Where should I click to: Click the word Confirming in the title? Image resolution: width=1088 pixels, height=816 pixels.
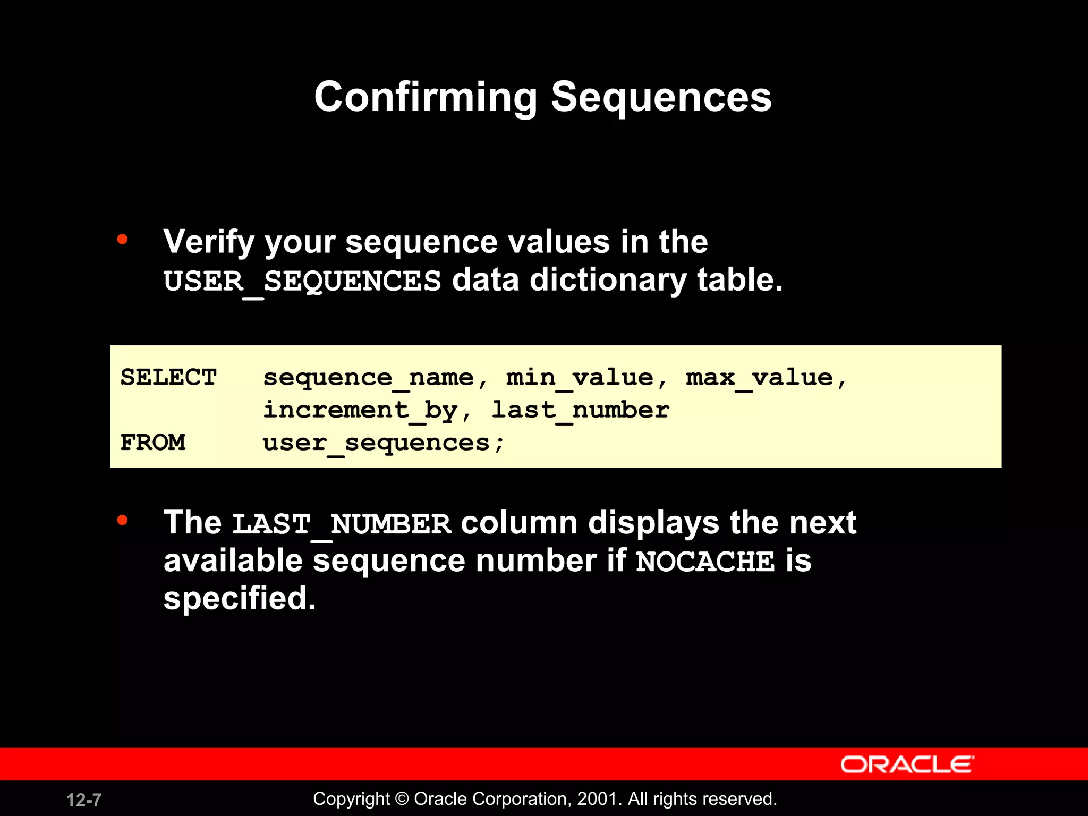426,97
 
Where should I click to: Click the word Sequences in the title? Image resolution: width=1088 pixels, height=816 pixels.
661,97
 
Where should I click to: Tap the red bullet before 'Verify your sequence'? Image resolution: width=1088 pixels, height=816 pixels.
123,240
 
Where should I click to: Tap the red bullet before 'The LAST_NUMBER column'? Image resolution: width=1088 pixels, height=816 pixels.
123,520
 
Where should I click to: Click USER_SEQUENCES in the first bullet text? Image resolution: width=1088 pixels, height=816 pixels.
302,281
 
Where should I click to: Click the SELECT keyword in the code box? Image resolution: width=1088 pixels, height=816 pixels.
169,378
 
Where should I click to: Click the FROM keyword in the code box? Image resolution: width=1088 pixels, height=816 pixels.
153,443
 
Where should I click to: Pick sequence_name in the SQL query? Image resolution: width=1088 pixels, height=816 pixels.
368,378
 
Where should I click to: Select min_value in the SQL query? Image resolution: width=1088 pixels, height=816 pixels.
580,378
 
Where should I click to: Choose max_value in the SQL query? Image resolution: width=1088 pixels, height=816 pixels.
759,378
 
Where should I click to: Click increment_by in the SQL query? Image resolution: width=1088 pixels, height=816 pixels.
360,410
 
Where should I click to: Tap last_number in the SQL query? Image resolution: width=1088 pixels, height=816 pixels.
580,410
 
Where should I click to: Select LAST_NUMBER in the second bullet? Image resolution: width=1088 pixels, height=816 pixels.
342,524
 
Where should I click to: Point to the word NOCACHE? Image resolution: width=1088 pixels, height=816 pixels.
705,562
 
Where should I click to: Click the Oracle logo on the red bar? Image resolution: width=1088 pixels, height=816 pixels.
907,764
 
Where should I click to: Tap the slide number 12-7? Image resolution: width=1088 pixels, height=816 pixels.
84,800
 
